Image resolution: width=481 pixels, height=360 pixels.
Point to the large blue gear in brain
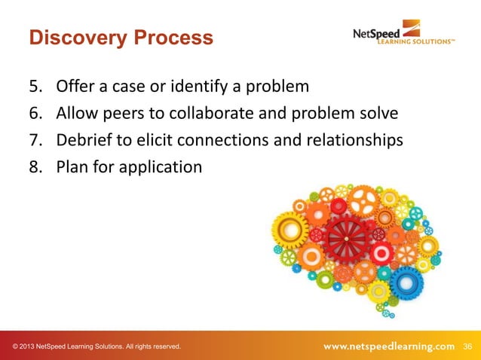click(x=407, y=281)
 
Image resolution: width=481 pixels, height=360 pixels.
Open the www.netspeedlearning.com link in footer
click(x=389, y=346)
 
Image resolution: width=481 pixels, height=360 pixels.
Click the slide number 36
click(x=467, y=346)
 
